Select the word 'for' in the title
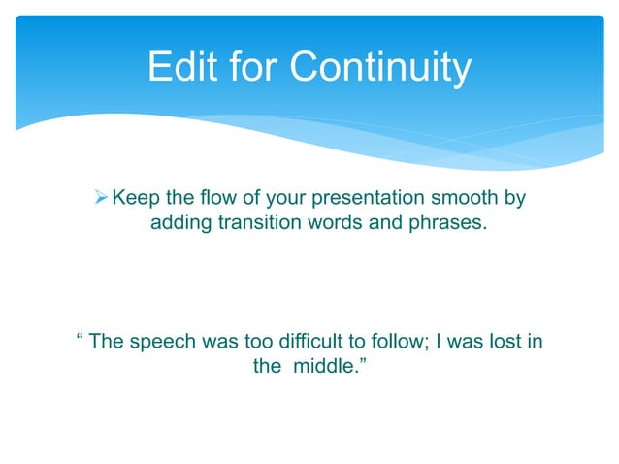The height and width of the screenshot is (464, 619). point(255,68)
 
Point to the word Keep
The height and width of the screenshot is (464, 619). point(135,199)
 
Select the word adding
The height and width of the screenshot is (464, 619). point(180,224)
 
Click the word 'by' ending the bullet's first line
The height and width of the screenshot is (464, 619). point(514,200)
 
